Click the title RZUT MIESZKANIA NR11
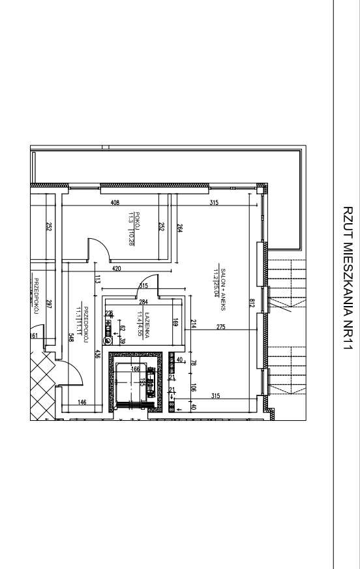click(x=347, y=280)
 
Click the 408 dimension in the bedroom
click(x=115, y=203)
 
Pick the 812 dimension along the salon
click(x=251, y=303)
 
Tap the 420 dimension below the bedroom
click(x=117, y=268)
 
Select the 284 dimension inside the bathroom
click(x=143, y=301)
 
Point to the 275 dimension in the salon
click(x=220, y=327)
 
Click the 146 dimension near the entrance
click(x=82, y=403)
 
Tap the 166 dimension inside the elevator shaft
click(x=136, y=369)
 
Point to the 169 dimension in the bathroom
click(x=175, y=321)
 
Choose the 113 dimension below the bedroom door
click(x=97, y=280)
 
